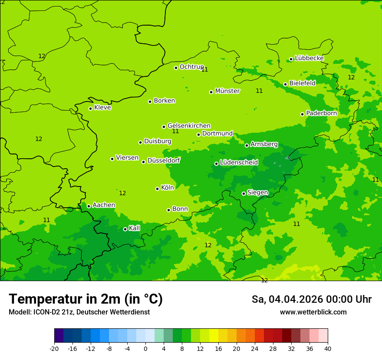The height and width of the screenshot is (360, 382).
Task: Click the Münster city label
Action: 227,91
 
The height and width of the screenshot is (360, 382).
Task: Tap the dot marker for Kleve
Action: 90,108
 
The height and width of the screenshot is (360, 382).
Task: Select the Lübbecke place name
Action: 309,58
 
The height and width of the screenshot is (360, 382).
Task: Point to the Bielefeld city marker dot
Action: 285,84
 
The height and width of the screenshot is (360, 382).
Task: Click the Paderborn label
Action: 321,113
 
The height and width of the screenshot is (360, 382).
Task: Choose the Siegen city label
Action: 257,193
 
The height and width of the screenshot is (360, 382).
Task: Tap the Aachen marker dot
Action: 89,206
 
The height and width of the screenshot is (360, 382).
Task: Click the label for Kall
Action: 134,228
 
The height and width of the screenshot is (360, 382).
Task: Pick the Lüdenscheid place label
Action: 239,163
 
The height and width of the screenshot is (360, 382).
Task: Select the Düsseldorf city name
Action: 164,160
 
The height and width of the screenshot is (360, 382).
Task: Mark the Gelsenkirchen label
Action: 189,126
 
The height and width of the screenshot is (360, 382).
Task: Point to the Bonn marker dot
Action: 168,210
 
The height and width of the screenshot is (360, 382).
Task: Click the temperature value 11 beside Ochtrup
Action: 204,69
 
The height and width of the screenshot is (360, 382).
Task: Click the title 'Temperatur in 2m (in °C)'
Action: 86,299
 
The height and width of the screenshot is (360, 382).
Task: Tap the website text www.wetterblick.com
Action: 313,312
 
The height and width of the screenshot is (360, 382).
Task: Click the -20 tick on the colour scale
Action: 54,348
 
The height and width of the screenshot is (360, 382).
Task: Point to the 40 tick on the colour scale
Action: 328,348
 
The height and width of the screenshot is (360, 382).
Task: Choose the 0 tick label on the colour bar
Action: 145,348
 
